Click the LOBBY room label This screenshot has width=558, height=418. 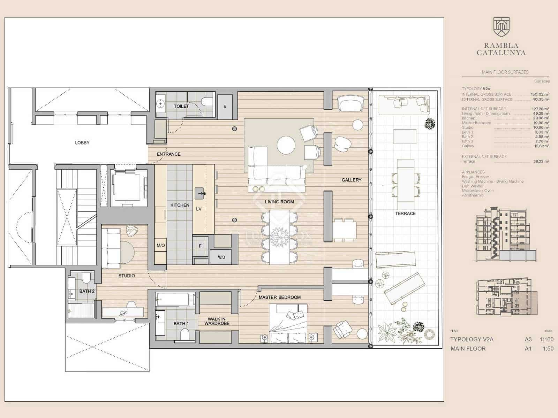[x=82, y=142]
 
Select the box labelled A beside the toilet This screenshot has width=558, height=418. [x=225, y=107]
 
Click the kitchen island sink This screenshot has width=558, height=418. [x=200, y=192]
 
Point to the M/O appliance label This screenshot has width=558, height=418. [x=160, y=246]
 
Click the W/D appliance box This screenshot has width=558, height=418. [x=221, y=257]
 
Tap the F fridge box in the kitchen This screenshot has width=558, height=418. [x=200, y=246]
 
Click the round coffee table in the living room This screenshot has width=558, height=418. [x=286, y=145]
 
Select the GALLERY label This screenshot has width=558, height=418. [x=351, y=180]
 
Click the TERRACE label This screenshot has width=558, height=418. [x=405, y=213]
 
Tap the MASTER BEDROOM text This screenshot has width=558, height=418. [x=279, y=297]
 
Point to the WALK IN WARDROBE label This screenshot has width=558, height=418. [x=217, y=321]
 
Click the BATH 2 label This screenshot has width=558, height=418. [x=87, y=291]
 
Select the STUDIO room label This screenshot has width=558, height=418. [x=126, y=276]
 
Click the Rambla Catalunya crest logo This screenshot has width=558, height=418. [x=501, y=27]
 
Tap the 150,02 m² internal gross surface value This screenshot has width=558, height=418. [x=540, y=94]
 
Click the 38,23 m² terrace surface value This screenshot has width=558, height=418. [x=541, y=161]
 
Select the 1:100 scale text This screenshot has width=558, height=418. [x=546, y=339]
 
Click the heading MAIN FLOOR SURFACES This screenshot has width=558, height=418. [x=505, y=72]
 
